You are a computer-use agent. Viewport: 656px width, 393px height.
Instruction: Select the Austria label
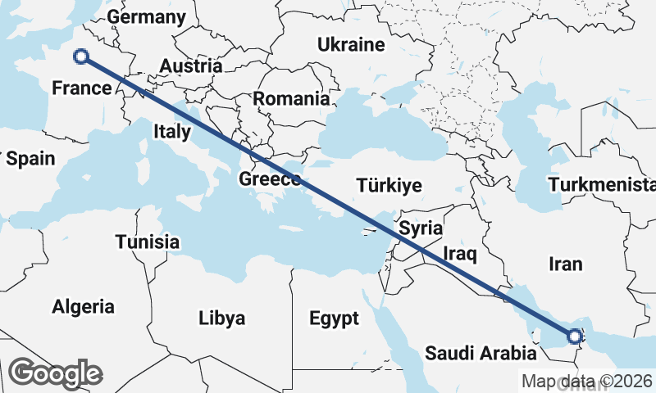(x=191, y=66)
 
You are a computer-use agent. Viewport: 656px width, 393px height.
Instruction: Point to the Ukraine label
(x=351, y=44)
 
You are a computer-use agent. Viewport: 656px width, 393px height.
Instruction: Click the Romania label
(x=291, y=99)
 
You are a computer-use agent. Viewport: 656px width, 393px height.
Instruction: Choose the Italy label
(x=172, y=131)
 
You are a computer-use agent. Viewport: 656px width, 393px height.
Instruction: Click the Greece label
(x=270, y=179)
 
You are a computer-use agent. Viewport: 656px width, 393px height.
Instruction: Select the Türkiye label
(x=389, y=186)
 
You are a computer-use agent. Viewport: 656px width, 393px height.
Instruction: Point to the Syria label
(x=421, y=228)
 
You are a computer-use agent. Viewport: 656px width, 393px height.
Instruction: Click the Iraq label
(x=459, y=252)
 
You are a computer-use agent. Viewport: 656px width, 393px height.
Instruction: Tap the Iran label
(x=566, y=264)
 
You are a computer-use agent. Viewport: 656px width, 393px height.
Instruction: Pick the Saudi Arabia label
(x=481, y=354)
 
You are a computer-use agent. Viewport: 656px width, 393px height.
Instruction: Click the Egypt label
(x=335, y=318)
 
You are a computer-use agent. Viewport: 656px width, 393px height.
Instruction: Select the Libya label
(x=222, y=318)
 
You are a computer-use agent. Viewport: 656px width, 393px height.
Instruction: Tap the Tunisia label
(x=148, y=242)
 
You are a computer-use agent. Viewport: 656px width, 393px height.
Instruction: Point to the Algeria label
(x=83, y=307)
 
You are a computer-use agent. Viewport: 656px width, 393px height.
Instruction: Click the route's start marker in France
(x=81, y=56)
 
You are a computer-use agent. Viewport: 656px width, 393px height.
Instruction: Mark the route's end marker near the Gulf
(x=575, y=336)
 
